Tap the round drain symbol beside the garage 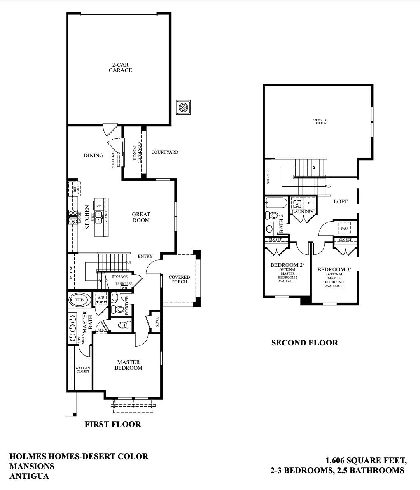click(183, 107)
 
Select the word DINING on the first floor click(93, 155)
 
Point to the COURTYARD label click(165, 152)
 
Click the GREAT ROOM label click(141, 217)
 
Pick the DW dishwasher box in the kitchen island click(98, 205)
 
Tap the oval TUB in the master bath click(79, 300)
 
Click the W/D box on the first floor click(101, 297)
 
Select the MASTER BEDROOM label click(128, 365)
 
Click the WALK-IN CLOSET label click(82, 369)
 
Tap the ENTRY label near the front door click(145, 257)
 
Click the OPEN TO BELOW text click(320, 121)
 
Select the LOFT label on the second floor click(340, 201)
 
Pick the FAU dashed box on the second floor click(344, 228)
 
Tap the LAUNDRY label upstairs click(303, 212)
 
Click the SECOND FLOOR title click(304, 343)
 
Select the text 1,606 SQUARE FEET click(366, 460)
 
